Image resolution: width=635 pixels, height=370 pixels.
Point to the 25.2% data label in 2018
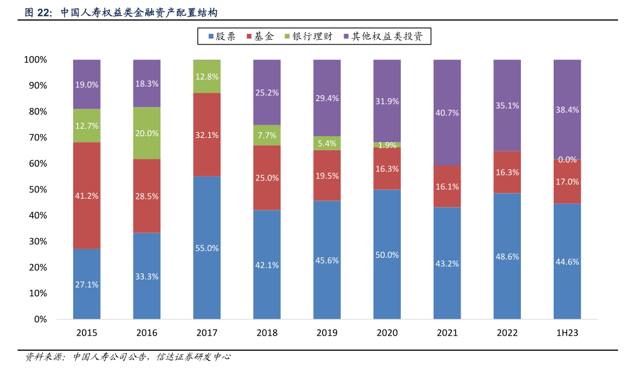[x=267, y=92]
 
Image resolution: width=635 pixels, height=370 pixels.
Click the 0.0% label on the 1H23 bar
[x=568, y=160]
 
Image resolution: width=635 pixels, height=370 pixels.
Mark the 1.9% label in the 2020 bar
[x=387, y=145]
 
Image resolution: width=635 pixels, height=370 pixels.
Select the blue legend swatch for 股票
[x=211, y=37]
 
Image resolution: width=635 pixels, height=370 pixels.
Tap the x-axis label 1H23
[x=568, y=333]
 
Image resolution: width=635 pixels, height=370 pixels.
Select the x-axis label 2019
[x=327, y=333]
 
